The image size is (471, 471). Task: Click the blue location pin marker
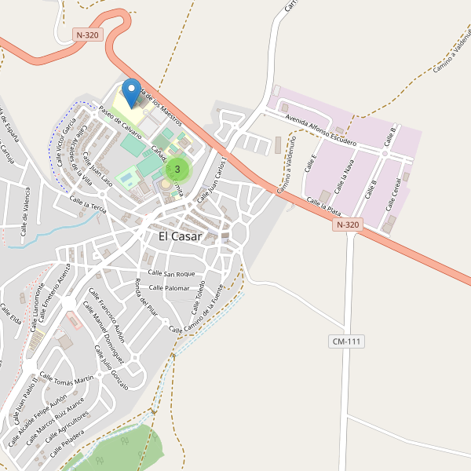[131, 92]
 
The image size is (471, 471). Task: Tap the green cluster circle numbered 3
[178, 169]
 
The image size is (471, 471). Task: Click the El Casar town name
[180, 236]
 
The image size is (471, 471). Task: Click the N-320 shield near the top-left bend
[88, 35]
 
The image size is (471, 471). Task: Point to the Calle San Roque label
[171, 273]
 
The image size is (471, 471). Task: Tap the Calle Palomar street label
[169, 288]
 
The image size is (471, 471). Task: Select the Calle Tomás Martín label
[68, 382]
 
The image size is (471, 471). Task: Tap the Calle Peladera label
[66, 444]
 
